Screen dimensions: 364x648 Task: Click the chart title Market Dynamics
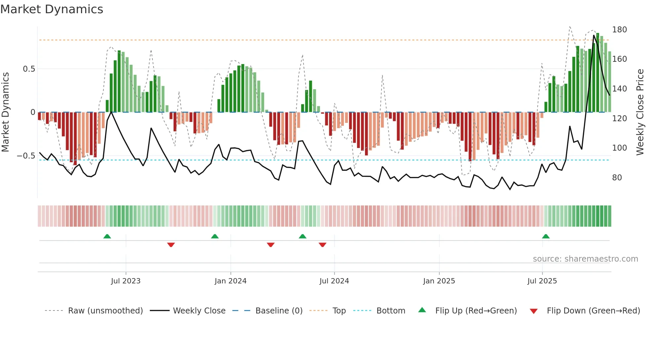[52, 9]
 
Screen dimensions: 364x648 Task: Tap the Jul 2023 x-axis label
[126, 281]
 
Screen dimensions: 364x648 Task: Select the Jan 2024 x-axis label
[230, 281]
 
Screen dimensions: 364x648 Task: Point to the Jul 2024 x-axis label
[334, 281]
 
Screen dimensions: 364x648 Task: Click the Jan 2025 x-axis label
[439, 281]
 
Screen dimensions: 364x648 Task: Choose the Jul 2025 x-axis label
[542, 281]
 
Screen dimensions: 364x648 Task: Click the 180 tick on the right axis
[619, 30]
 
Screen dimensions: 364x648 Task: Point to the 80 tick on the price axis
[617, 178]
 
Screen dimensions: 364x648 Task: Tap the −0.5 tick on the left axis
[26, 156]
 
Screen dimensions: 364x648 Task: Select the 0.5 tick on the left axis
[29, 69]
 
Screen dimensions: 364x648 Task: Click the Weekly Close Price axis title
[640, 112]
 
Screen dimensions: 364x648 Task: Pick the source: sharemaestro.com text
[585, 259]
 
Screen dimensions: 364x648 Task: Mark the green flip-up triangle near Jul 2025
[546, 237]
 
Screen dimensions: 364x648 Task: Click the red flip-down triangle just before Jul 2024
[322, 245]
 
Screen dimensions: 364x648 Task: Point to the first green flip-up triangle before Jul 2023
[107, 237]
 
